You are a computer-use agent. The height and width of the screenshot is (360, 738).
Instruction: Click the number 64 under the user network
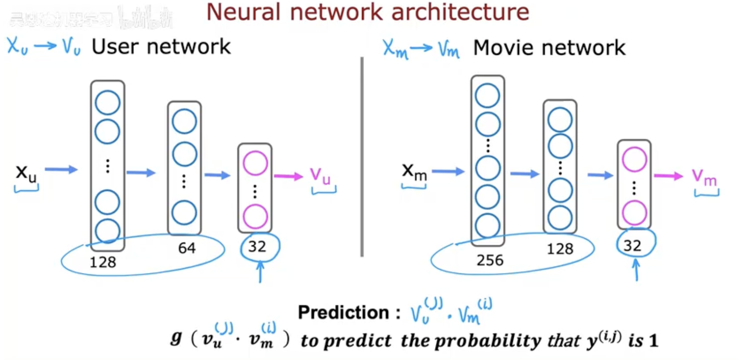pyautogui.click(x=187, y=248)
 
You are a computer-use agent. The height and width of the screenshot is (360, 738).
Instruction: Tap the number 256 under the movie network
pyautogui.click(x=490, y=260)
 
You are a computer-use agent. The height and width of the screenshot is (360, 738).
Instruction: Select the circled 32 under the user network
pyautogui.click(x=257, y=247)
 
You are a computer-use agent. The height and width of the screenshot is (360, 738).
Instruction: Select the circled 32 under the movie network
pyautogui.click(x=632, y=246)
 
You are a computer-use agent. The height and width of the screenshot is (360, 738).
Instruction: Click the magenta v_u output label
pyautogui.click(x=320, y=176)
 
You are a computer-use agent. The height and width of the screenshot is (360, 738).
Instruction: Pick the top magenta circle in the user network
pyautogui.click(x=255, y=163)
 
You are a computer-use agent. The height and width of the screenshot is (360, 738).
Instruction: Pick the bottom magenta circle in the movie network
pyautogui.click(x=634, y=213)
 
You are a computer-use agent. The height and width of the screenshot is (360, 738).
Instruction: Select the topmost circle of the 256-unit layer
pyautogui.click(x=487, y=96)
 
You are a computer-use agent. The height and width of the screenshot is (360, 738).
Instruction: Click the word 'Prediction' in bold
pyautogui.click(x=343, y=312)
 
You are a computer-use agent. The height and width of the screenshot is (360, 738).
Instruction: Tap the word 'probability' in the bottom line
pyautogui.click(x=490, y=340)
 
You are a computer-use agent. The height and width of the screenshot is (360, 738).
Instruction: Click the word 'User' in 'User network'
pyautogui.click(x=115, y=47)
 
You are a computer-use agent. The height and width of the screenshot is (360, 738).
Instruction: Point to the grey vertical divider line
pyautogui.click(x=362, y=157)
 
